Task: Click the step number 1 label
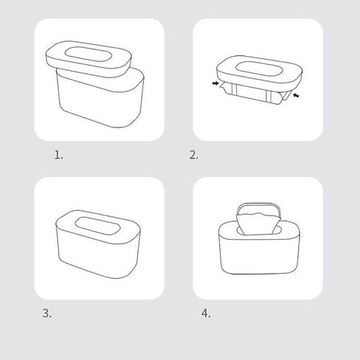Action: click(58, 155)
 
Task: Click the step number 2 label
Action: click(193, 155)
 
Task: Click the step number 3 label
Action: click(47, 314)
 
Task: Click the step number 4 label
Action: click(206, 314)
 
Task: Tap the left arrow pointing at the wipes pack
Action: click(215, 83)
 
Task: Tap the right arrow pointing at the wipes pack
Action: click(296, 95)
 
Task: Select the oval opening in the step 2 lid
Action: click(259, 69)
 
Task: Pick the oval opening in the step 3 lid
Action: click(97, 226)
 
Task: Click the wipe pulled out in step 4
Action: click(259, 224)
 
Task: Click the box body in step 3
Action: click(98, 256)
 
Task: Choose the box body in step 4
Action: click(260, 252)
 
